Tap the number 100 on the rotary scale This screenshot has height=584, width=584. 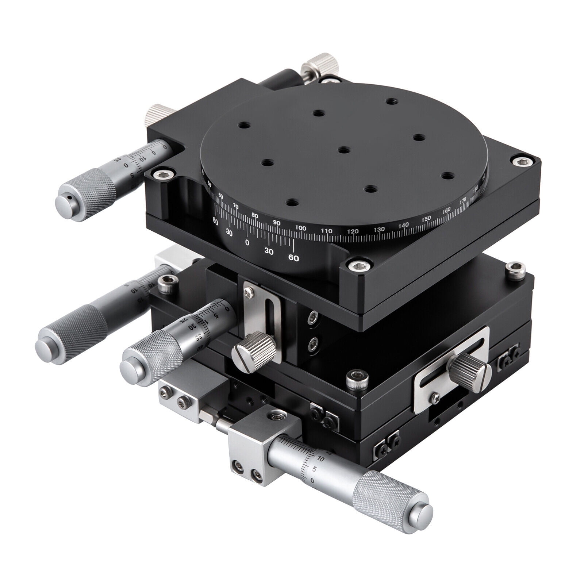pos(300,228)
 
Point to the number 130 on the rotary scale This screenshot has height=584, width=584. pos(379,229)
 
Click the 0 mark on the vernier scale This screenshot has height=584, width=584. pos(247,242)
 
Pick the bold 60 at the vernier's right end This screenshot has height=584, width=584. pos(293,258)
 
